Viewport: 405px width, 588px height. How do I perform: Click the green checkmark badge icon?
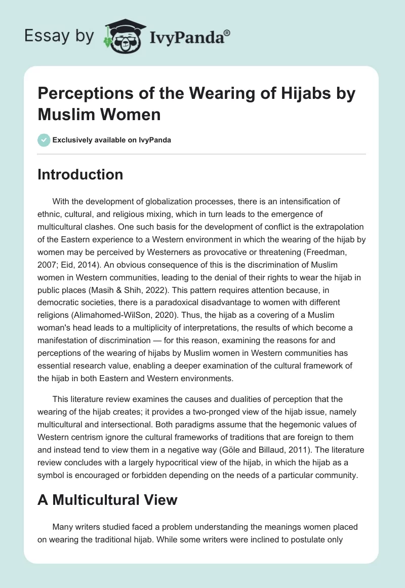tap(44, 140)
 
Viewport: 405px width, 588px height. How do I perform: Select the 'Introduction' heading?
tap(80, 174)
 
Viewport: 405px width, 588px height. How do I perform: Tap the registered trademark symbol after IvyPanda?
tap(228, 33)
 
